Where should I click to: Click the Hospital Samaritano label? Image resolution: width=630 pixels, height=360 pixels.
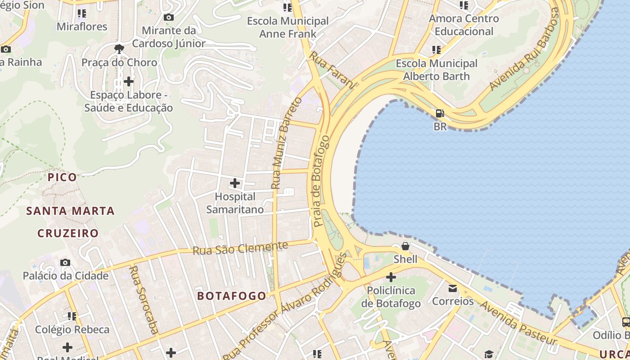point(235,203)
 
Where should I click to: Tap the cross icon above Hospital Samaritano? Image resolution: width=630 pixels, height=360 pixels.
point(235,183)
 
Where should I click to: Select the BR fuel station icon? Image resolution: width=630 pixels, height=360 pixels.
point(440,113)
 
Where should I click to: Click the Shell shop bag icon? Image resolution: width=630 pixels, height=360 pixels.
point(405,246)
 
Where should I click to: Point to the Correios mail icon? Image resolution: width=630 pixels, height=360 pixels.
point(453,288)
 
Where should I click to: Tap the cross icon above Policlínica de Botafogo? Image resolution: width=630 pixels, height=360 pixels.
point(391,277)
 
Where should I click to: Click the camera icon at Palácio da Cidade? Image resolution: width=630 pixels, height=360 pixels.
point(65,262)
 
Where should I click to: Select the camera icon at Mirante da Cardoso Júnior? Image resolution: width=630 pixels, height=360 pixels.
point(169,17)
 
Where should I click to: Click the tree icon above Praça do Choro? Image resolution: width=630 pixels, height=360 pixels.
point(119,49)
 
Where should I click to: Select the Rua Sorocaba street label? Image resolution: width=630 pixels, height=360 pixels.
point(144,300)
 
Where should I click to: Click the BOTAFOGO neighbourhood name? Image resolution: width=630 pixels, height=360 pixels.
point(232,296)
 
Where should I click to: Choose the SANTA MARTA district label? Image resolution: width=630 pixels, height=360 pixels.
point(70,211)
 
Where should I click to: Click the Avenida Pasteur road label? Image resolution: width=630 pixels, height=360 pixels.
point(518,323)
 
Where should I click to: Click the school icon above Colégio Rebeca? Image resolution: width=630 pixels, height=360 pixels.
point(72,316)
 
